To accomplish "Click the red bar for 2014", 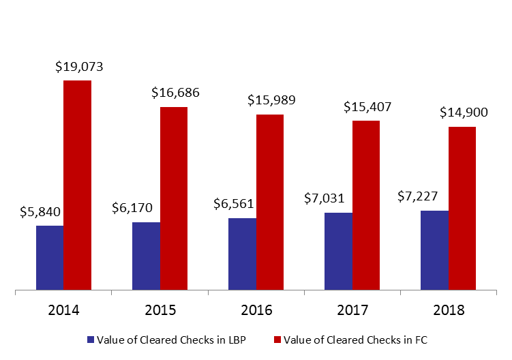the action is pos(78,185).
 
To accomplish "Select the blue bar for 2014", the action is pos(50,258).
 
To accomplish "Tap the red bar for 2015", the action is pos(174,198).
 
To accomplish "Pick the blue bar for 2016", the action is pos(242,254).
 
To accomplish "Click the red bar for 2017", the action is pos(366,205).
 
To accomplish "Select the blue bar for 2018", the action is pos(434,250).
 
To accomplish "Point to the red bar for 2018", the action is pos(462,208).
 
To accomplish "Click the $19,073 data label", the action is pos(79,67).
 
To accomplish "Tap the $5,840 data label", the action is pos(40,212).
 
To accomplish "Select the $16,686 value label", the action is pos(175,93).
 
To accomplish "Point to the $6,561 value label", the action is pos(233,204).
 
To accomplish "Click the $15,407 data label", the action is pos(367,107).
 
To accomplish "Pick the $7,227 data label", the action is pos(417,196).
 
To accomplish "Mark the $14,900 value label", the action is pos(464,112).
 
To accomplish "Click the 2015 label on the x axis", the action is pos(160,310).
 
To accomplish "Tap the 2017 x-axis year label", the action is pos(352,310).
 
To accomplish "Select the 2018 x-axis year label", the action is pos(449,310).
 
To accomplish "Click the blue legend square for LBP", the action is pos(91,340).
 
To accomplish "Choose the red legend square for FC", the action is pos(277,340).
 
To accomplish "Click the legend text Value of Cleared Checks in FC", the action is pos(355,340).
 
